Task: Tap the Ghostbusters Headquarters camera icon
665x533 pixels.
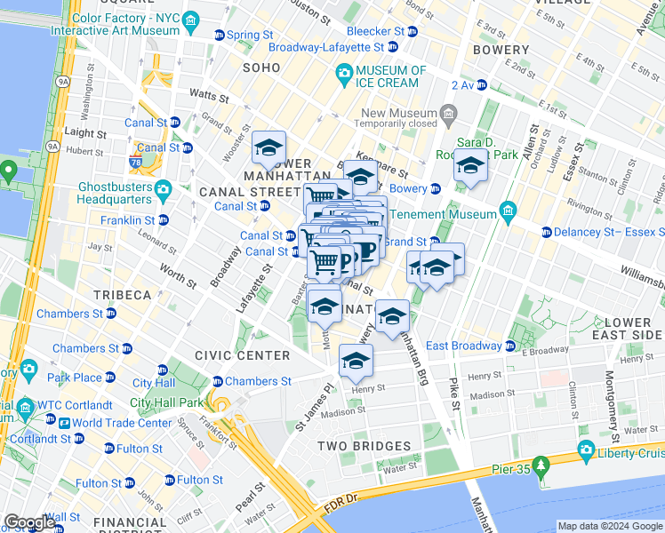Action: [163, 189]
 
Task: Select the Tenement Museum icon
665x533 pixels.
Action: [508, 211]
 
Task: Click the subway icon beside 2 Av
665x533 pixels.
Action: [482, 85]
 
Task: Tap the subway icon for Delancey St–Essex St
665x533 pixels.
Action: [546, 233]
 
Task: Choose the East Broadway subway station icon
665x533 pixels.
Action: [510, 346]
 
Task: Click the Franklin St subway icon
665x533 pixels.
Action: [163, 219]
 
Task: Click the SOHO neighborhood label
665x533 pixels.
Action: [261, 68]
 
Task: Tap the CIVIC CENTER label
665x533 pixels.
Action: [243, 355]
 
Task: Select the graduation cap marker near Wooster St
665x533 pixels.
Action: [268, 147]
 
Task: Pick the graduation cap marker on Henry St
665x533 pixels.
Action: [356, 361]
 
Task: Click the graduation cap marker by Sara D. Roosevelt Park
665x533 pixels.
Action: [470, 164]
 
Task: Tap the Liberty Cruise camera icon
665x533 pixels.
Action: [586, 452]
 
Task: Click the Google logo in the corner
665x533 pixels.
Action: [28, 523]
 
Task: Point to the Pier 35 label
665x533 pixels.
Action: [515, 469]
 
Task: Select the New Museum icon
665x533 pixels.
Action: [449, 114]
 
